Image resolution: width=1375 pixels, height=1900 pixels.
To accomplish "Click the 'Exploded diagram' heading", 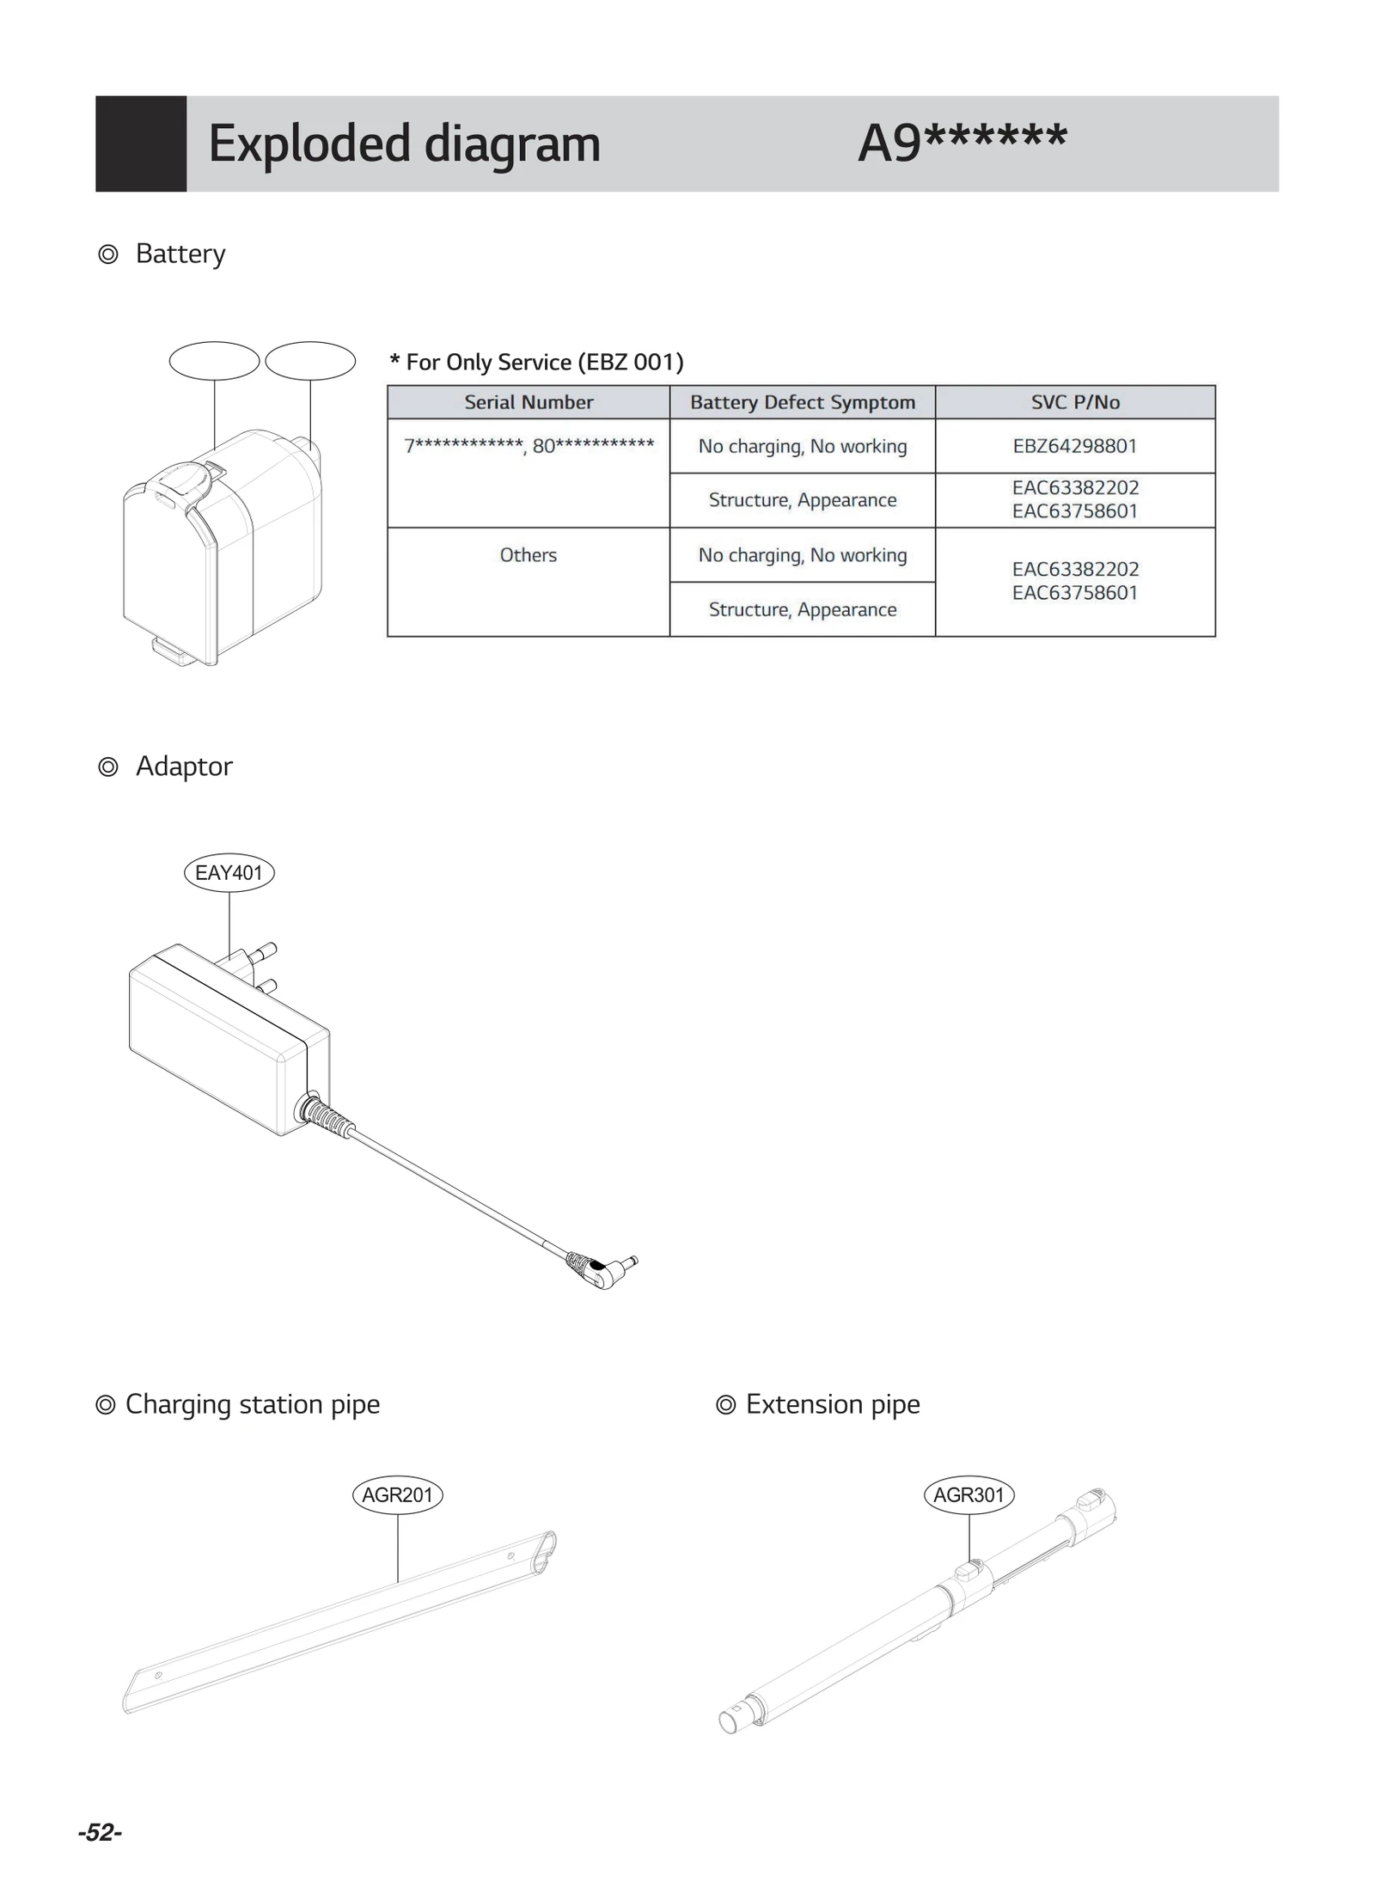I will [403, 144].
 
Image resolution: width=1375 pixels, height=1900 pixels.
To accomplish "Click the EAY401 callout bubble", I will [229, 872].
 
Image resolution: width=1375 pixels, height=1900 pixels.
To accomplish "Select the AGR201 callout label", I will [397, 1494].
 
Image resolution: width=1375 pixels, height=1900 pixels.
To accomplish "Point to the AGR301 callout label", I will [969, 1494].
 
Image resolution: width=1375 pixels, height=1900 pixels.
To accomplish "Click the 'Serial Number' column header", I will [528, 402].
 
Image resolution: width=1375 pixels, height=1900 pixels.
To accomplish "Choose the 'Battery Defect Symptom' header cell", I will [802, 402].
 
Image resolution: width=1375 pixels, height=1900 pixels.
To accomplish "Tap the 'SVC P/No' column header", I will [1074, 402].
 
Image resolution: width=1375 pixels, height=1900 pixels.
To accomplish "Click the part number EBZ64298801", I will [1074, 446].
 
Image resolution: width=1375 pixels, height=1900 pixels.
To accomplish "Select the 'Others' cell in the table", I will [528, 555].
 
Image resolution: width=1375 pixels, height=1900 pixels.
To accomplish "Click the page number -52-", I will [100, 1833].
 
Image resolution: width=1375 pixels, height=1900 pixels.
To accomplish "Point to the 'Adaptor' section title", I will [183, 766].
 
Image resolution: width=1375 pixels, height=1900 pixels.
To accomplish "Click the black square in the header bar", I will [141, 144].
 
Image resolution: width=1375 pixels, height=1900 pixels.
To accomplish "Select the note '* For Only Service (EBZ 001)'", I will [536, 362].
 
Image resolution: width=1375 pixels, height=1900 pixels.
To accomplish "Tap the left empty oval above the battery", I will [214, 361].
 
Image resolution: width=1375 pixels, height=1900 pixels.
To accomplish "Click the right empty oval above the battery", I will [310, 361].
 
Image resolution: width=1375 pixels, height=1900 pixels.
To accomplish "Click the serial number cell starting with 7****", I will [528, 446].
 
